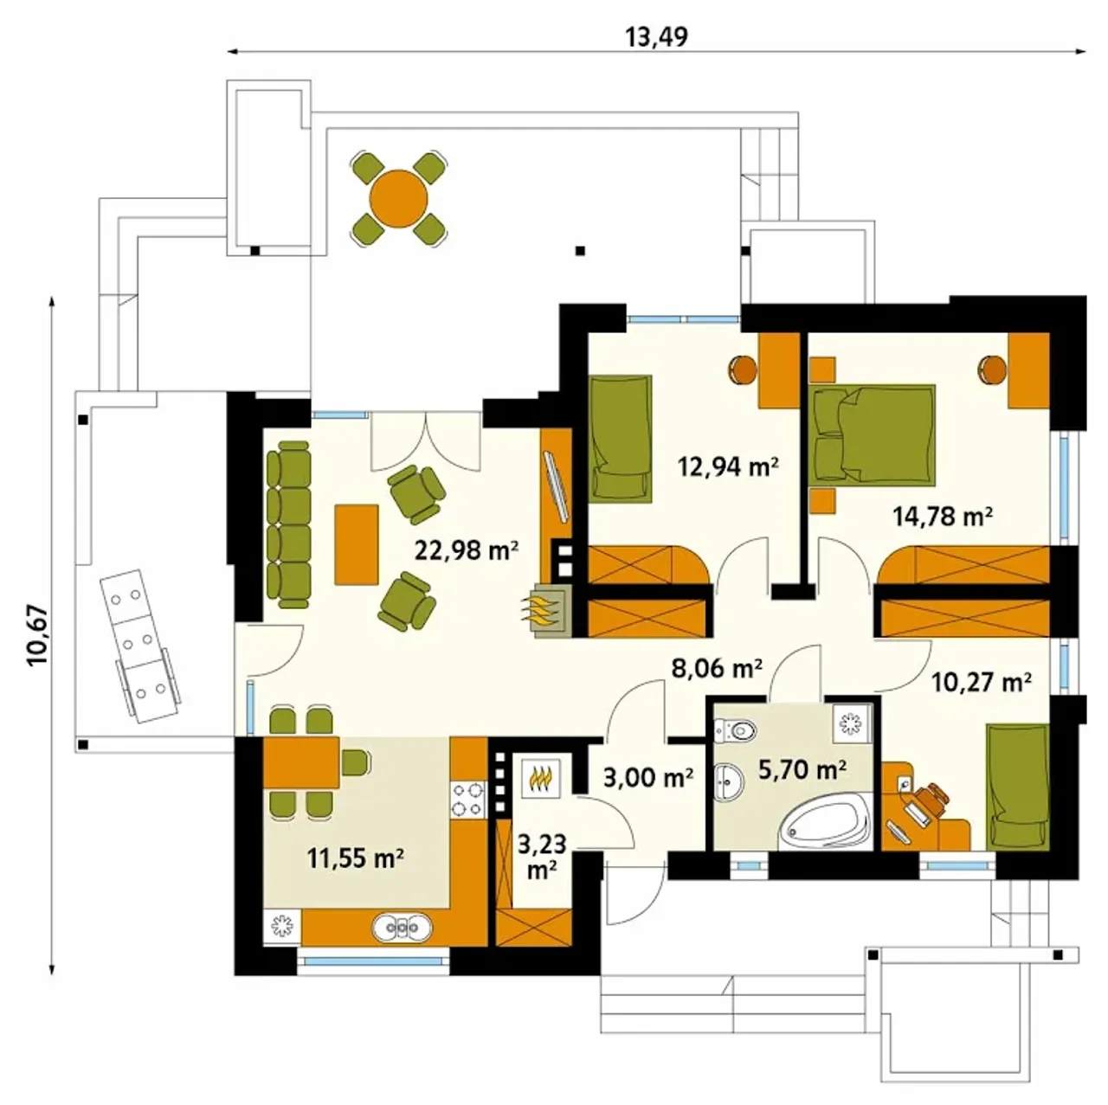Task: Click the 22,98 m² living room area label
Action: tap(467, 550)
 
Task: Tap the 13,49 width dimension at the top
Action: tap(656, 37)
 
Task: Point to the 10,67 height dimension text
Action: tap(38, 635)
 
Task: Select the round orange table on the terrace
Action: tap(398, 199)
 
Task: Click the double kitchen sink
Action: tap(402, 927)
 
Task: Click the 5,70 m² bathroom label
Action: tap(802, 769)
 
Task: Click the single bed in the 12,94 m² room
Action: tap(621, 439)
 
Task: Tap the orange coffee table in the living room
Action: tap(357, 544)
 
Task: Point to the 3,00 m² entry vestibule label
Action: tap(648, 778)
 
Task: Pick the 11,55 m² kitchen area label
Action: tap(356, 859)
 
